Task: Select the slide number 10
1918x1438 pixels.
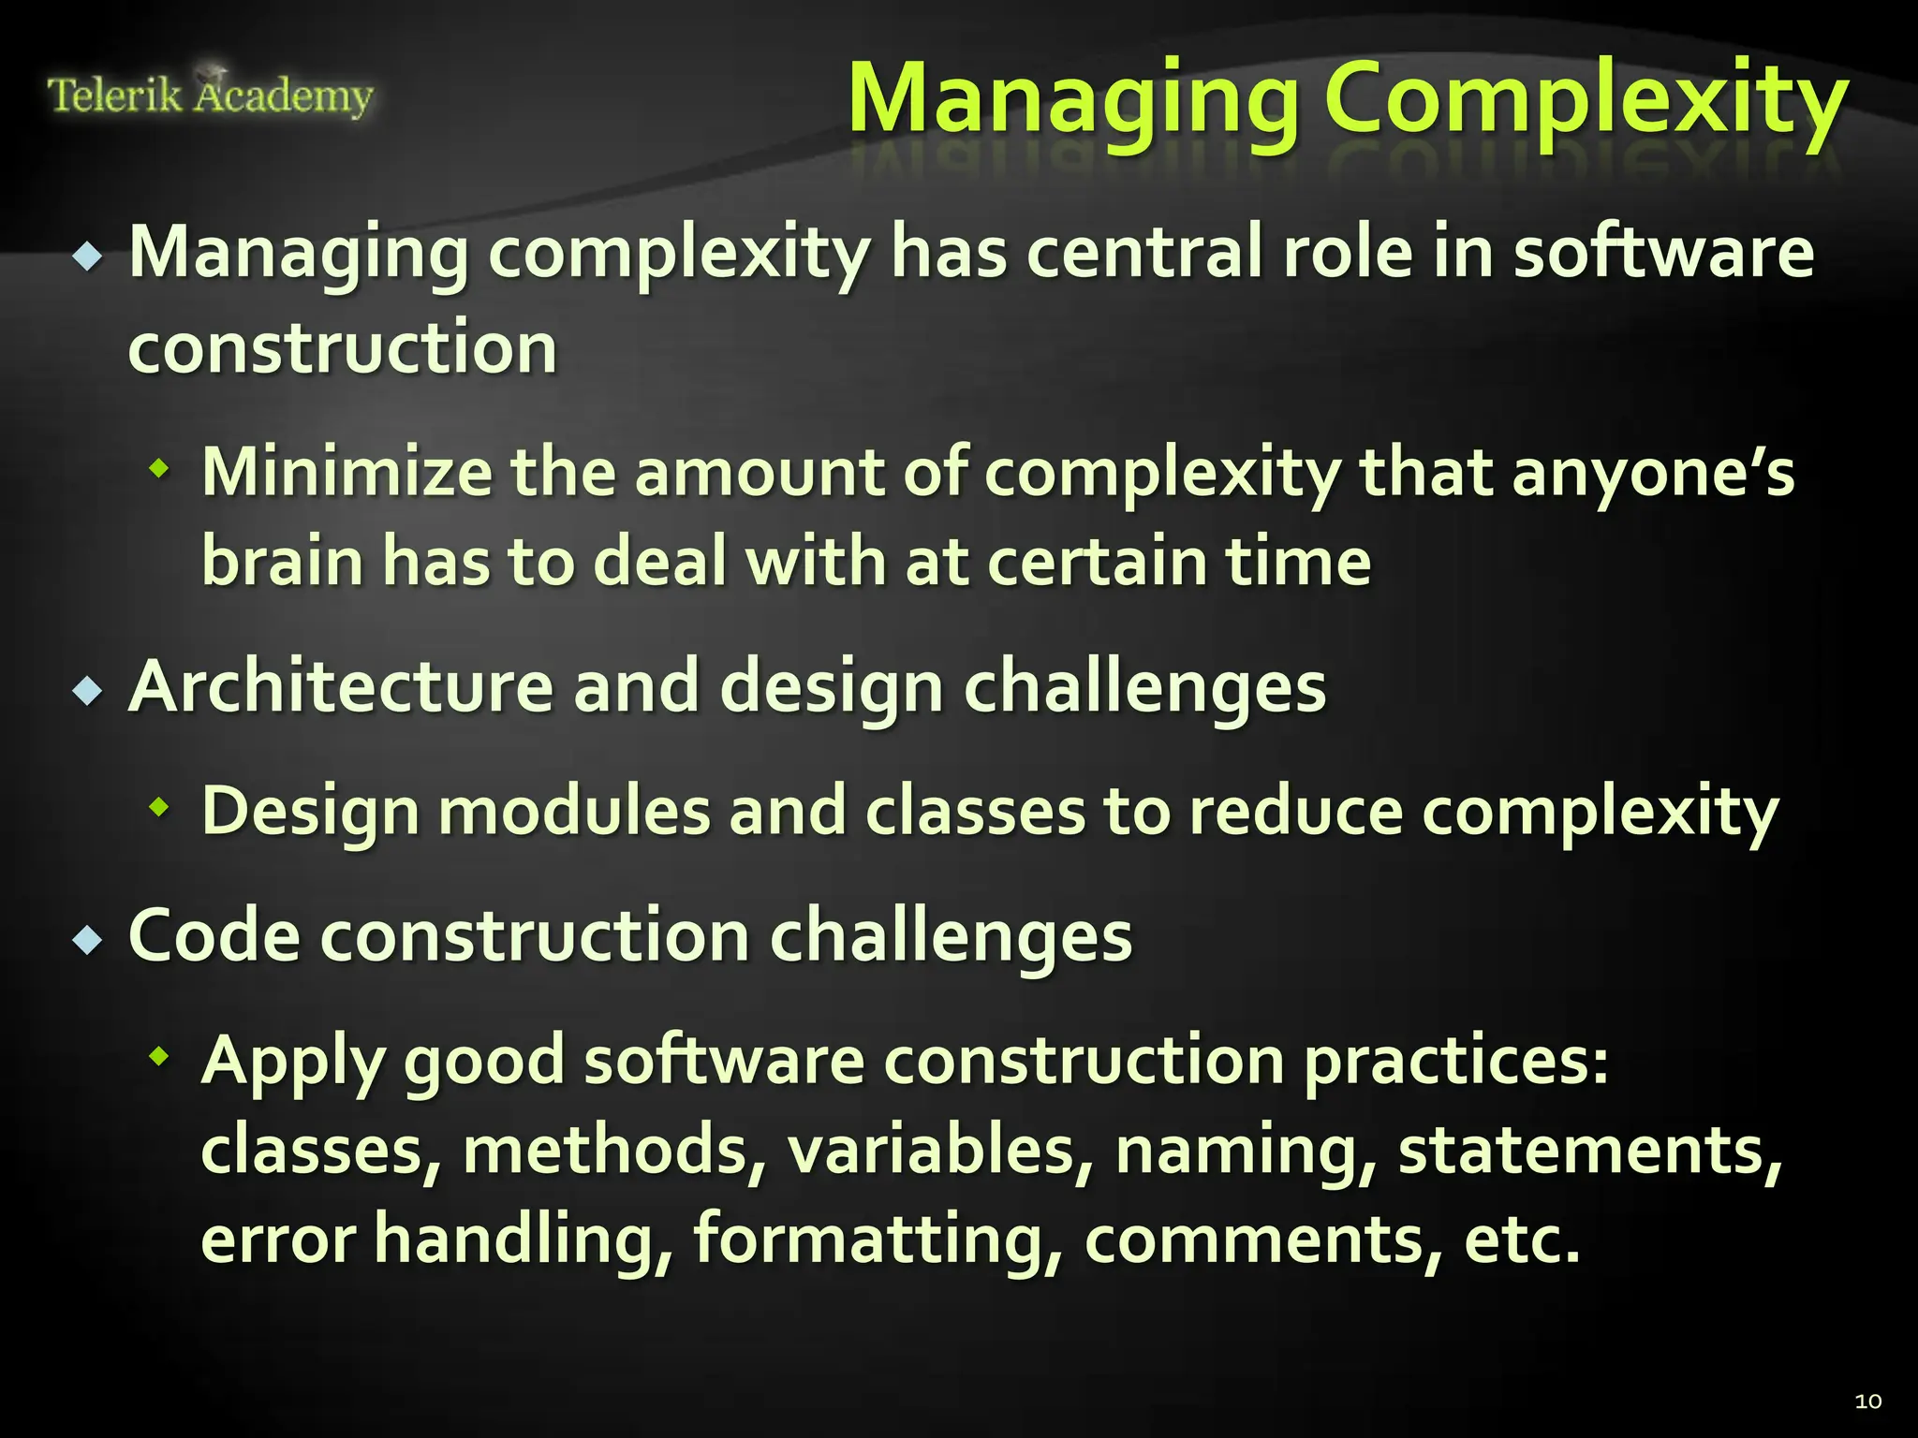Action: coord(1867,1401)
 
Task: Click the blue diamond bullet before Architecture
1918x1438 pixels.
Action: coord(88,692)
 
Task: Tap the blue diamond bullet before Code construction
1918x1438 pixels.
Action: coord(88,939)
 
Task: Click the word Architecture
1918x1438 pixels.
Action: coord(341,687)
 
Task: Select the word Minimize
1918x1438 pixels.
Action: coord(347,471)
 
